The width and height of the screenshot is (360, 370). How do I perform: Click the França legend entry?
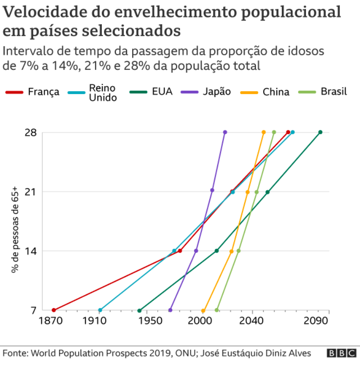[x=43, y=92]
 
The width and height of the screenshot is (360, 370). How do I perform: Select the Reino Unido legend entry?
[x=102, y=92]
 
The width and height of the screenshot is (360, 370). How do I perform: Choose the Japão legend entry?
[x=216, y=91]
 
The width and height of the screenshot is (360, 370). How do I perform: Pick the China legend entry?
[x=276, y=92]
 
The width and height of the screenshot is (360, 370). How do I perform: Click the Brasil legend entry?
[x=333, y=91]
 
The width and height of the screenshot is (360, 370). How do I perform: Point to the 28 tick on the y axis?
[x=31, y=133]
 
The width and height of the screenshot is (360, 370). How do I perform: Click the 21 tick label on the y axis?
[x=31, y=192]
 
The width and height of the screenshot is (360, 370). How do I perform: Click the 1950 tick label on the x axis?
[x=149, y=321]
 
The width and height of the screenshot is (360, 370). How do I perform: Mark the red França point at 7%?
[x=53, y=310]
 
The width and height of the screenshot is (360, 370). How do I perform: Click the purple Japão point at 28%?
[x=225, y=132]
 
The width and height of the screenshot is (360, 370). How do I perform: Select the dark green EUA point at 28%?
[x=320, y=132]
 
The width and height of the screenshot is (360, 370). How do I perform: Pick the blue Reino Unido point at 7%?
[x=100, y=310]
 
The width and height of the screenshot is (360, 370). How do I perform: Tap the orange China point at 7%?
[x=203, y=310]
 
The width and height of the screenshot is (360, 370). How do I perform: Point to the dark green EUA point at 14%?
[x=217, y=251]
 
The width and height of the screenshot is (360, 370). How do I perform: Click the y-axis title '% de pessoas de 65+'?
[x=15, y=230]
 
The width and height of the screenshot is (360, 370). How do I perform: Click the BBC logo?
[x=342, y=353]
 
